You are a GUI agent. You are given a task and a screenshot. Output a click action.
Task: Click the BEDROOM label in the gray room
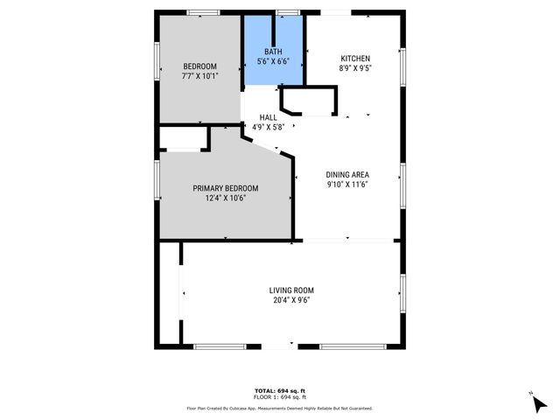coord(199,66)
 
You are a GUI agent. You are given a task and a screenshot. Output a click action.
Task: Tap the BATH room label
coord(274,52)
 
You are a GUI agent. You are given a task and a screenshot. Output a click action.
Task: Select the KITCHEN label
coord(354,59)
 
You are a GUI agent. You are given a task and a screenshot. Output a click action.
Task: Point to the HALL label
coord(269,117)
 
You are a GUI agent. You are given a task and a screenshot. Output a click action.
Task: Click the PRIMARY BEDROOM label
coord(226,188)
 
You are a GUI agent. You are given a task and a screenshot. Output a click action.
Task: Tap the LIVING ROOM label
coord(291,290)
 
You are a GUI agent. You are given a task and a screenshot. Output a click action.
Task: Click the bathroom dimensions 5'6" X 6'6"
coord(274,61)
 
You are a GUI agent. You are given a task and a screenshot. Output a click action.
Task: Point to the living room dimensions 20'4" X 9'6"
coord(291,300)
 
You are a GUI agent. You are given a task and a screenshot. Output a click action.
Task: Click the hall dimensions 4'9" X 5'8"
coord(269,127)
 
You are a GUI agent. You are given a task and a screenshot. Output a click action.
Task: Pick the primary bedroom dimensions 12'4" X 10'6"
coord(226,198)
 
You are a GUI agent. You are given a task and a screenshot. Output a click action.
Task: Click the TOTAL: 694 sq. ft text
coord(279,390)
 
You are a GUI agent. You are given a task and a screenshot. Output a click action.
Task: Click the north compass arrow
coord(538,403)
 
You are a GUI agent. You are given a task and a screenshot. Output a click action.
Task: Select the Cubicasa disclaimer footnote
coord(279,408)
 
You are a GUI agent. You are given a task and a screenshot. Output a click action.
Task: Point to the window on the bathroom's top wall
coord(286,11)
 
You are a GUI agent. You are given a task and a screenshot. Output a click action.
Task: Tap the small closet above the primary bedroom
coord(182,139)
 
